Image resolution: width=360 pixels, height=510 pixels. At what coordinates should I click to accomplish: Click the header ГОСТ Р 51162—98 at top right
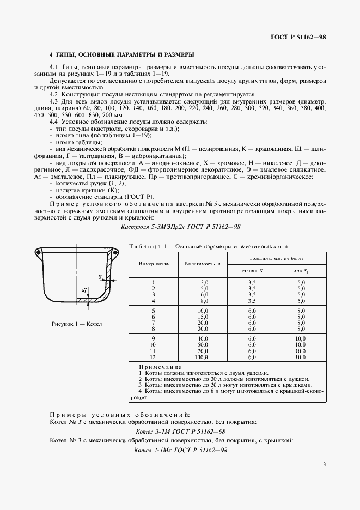[298, 37]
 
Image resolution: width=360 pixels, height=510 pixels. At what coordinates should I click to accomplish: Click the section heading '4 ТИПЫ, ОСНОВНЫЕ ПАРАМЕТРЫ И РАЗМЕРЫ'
[121, 55]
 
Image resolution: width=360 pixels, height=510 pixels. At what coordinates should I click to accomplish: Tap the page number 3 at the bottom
[324, 464]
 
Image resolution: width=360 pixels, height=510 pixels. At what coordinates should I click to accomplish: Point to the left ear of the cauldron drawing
[39, 252]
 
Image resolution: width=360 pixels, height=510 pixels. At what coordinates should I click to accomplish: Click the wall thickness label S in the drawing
[101, 277]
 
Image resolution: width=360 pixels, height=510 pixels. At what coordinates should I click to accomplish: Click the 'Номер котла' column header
[154, 263]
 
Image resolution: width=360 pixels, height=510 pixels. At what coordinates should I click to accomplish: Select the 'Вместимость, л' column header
[202, 263]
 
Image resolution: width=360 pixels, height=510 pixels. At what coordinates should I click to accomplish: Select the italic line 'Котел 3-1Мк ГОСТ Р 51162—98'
[180, 451]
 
